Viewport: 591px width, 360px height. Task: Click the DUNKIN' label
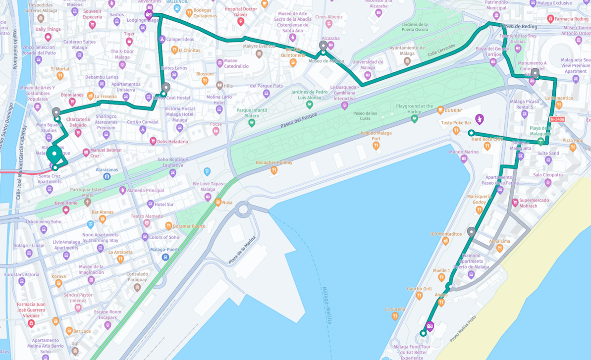pos(453,110)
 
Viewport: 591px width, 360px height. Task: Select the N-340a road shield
pos(557,119)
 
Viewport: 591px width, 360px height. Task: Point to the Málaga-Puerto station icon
pos(165,257)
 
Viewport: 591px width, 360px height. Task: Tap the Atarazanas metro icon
pos(107,176)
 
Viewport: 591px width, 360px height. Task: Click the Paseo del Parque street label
pos(298,122)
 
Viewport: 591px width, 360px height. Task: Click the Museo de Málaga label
pos(326,61)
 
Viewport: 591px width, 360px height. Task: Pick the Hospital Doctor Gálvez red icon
pos(241,22)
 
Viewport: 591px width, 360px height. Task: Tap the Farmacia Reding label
pos(571,19)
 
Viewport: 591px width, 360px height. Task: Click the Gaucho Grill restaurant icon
pos(419,296)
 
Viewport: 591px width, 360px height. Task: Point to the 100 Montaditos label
pos(445,234)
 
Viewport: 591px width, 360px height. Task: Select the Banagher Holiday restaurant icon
pos(274,170)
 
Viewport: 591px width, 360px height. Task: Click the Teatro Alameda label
pos(147,216)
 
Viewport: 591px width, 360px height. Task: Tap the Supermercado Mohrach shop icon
pos(515,203)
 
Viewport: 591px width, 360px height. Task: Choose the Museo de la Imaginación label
pos(91,269)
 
